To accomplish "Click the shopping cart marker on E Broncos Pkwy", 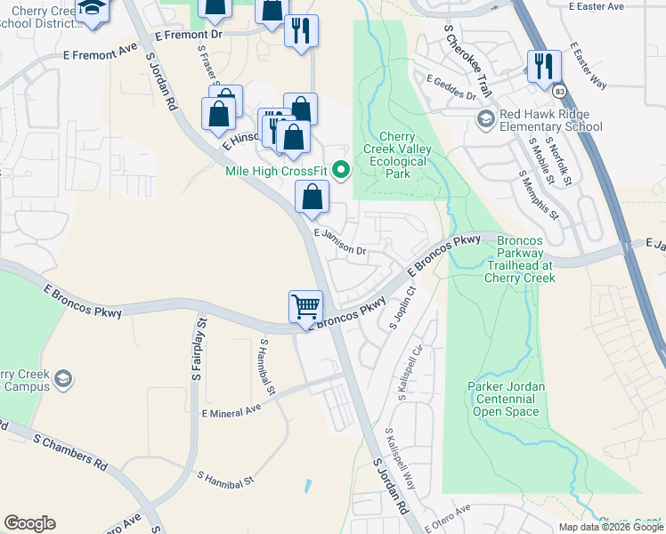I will click(305, 306).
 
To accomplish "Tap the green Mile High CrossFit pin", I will click(340, 169).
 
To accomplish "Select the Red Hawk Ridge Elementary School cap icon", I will click(486, 119).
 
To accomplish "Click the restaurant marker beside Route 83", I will click(543, 66).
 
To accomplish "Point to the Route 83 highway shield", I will click(558, 92).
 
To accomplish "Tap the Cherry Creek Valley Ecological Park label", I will click(397, 155).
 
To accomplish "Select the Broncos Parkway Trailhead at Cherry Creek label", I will click(519, 259).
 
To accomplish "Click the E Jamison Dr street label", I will click(340, 241).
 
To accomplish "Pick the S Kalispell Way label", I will click(400, 457).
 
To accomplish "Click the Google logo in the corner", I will click(29, 523).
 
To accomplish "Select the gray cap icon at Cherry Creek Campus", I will click(63, 380).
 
